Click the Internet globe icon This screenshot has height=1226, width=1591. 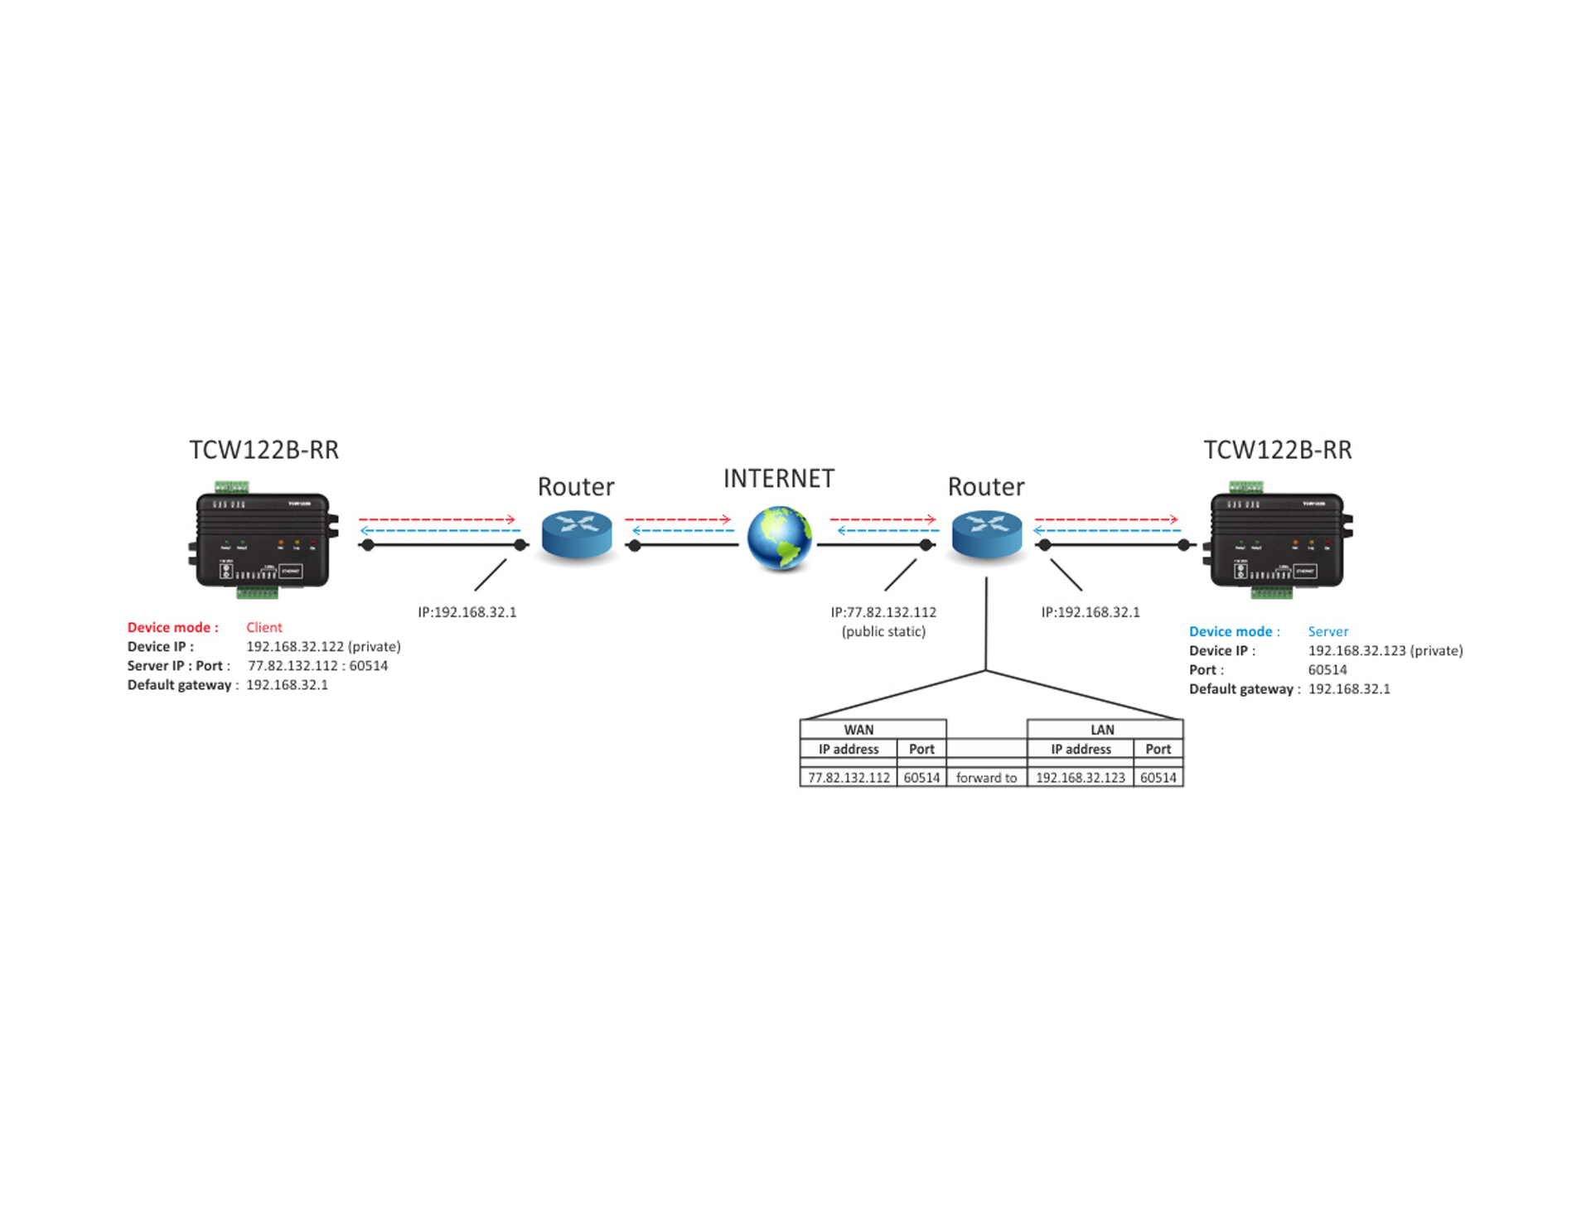pos(779,538)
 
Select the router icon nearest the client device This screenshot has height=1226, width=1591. pos(577,534)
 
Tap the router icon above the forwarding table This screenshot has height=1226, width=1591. pos(986,534)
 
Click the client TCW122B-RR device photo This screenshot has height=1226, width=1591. pos(264,539)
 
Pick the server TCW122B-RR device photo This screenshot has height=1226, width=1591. pos(1278,539)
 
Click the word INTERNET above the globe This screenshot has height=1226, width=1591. pos(779,479)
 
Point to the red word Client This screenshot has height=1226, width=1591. pos(264,627)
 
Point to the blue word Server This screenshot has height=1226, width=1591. pos(1327,631)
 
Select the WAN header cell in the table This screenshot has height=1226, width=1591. pos(858,730)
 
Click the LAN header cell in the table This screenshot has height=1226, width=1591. pos(1102,730)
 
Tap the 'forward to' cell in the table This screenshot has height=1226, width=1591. pos(986,778)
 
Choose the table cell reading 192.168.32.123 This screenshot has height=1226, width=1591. pos(1081,778)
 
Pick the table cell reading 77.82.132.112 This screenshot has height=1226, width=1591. pos(849,778)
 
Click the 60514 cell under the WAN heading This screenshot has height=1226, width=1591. pos(921,778)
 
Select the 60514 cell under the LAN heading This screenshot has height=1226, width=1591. pos(1158,778)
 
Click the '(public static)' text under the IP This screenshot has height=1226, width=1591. pos(883,631)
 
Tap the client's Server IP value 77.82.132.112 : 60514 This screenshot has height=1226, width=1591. pos(317,666)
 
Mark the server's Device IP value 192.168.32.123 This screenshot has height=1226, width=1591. pos(1356,650)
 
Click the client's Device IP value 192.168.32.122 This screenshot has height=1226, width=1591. pos(294,646)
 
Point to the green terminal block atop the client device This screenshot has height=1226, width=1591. pos(231,485)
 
